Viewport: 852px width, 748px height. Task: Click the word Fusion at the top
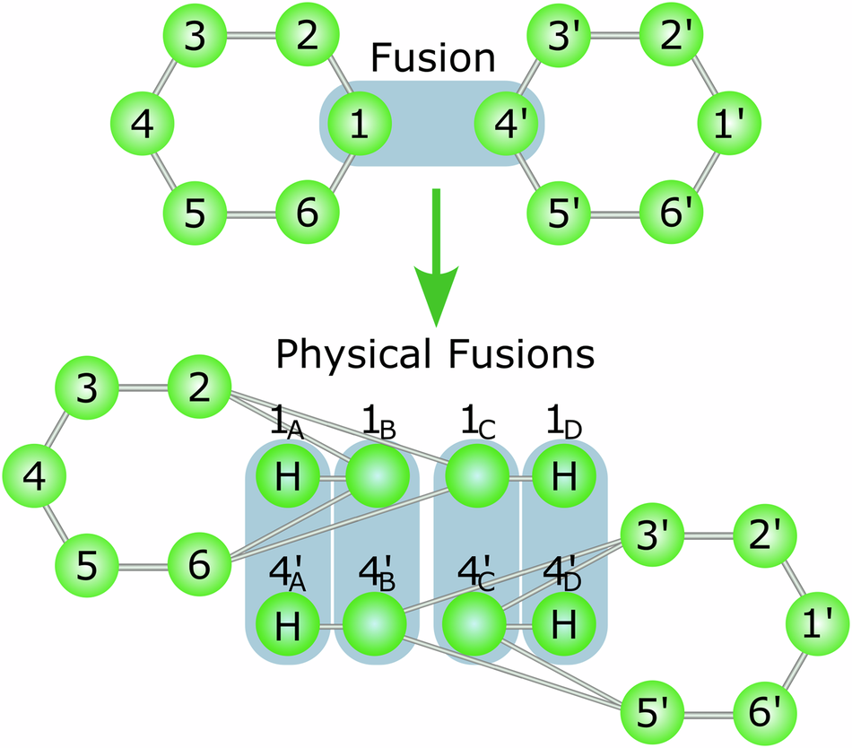[433, 58]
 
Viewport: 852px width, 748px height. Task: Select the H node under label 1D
[562, 478]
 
